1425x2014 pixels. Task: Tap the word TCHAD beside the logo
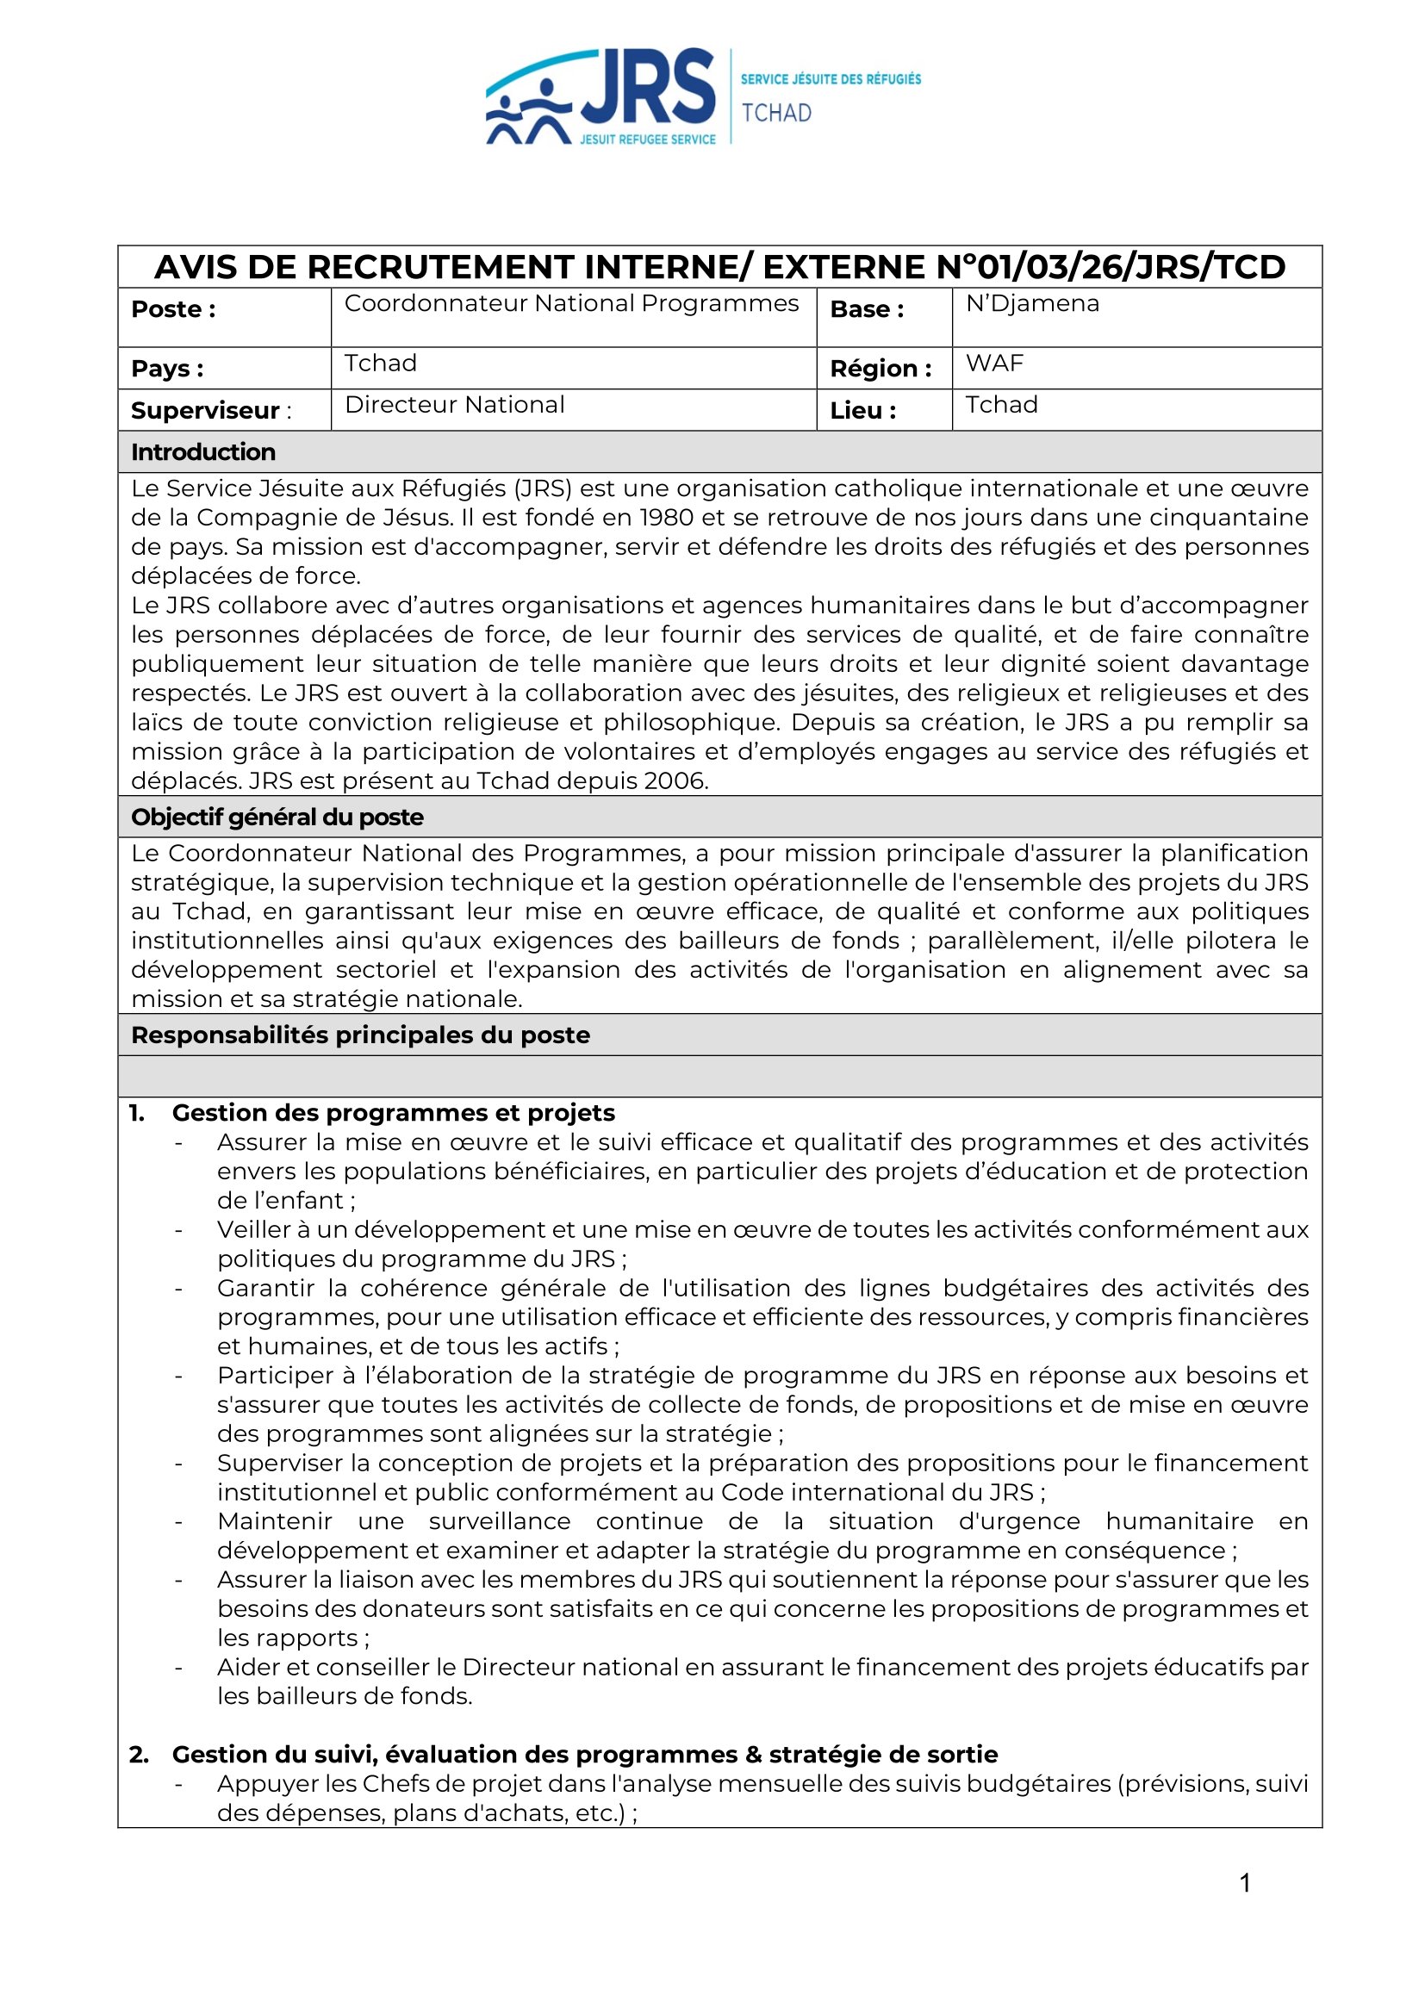pyautogui.click(x=776, y=113)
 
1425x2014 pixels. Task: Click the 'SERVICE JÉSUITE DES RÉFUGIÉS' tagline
pyautogui.click(x=830, y=79)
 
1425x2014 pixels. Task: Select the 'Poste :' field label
pyautogui.click(x=173, y=309)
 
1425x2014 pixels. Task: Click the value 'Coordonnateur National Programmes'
pyautogui.click(x=571, y=303)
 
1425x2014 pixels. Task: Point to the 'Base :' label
pyautogui.click(x=866, y=309)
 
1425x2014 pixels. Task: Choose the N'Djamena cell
pyautogui.click(x=1032, y=303)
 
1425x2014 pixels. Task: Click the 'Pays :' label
pyautogui.click(x=167, y=369)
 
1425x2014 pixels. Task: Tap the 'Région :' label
pyautogui.click(x=881, y=369)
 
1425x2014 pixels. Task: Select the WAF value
pyautogui.click(x=994, y=364)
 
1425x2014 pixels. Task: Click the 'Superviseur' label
pyautogui.click(x=204, y=411)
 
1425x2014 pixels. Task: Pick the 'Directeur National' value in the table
pyautogui.click(x=455, y=404)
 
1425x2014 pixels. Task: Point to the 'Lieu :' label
pyautogui.click(x=862, y=411)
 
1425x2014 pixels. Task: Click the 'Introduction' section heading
pyautogui.click(x=202, y=451)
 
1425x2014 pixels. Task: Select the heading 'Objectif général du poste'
pyautogui.click(x=277, y=817)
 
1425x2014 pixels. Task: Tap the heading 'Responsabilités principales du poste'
pyautogui.click(x=360, y=1035)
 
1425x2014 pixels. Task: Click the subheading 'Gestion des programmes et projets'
pyautogui.click(x=393, y=1112)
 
